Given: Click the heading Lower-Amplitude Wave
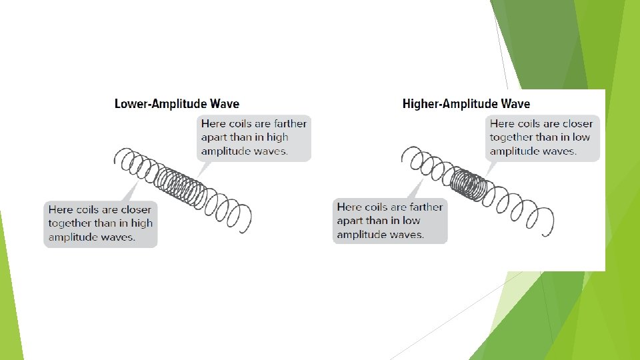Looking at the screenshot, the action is [x=177, y=104].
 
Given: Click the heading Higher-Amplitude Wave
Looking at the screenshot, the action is [x=466, y=104].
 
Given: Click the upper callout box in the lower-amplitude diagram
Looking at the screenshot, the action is [x=253, y=137].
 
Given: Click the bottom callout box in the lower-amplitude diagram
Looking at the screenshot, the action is [x=101, y=223].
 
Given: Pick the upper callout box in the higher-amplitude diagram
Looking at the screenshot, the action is [x=541, y=137].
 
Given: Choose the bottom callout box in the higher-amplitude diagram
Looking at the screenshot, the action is [x=390, y=221].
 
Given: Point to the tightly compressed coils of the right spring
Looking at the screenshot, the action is [x=468, y=181].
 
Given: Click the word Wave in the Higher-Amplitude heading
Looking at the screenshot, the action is [x=514, y=104].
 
